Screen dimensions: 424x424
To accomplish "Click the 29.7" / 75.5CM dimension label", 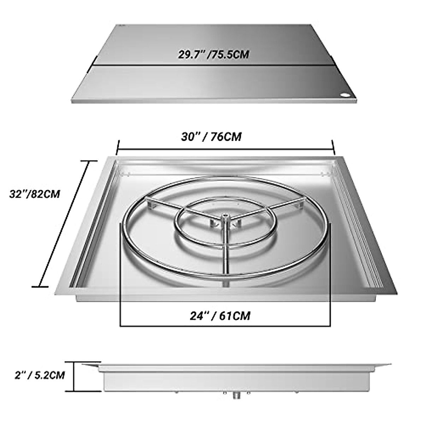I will tap(213, 55).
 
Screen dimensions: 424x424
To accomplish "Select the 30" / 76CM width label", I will tap(211, 137).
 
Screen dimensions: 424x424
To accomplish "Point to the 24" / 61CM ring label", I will tap(220, 315).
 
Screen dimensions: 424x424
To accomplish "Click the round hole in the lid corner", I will tap(345, 95).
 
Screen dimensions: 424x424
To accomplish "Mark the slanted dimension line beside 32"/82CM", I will tap(66, 223).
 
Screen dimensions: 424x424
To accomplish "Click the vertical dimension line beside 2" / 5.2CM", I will tap(74, 376).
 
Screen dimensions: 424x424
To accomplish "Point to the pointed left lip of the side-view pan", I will tap(85, 365).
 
